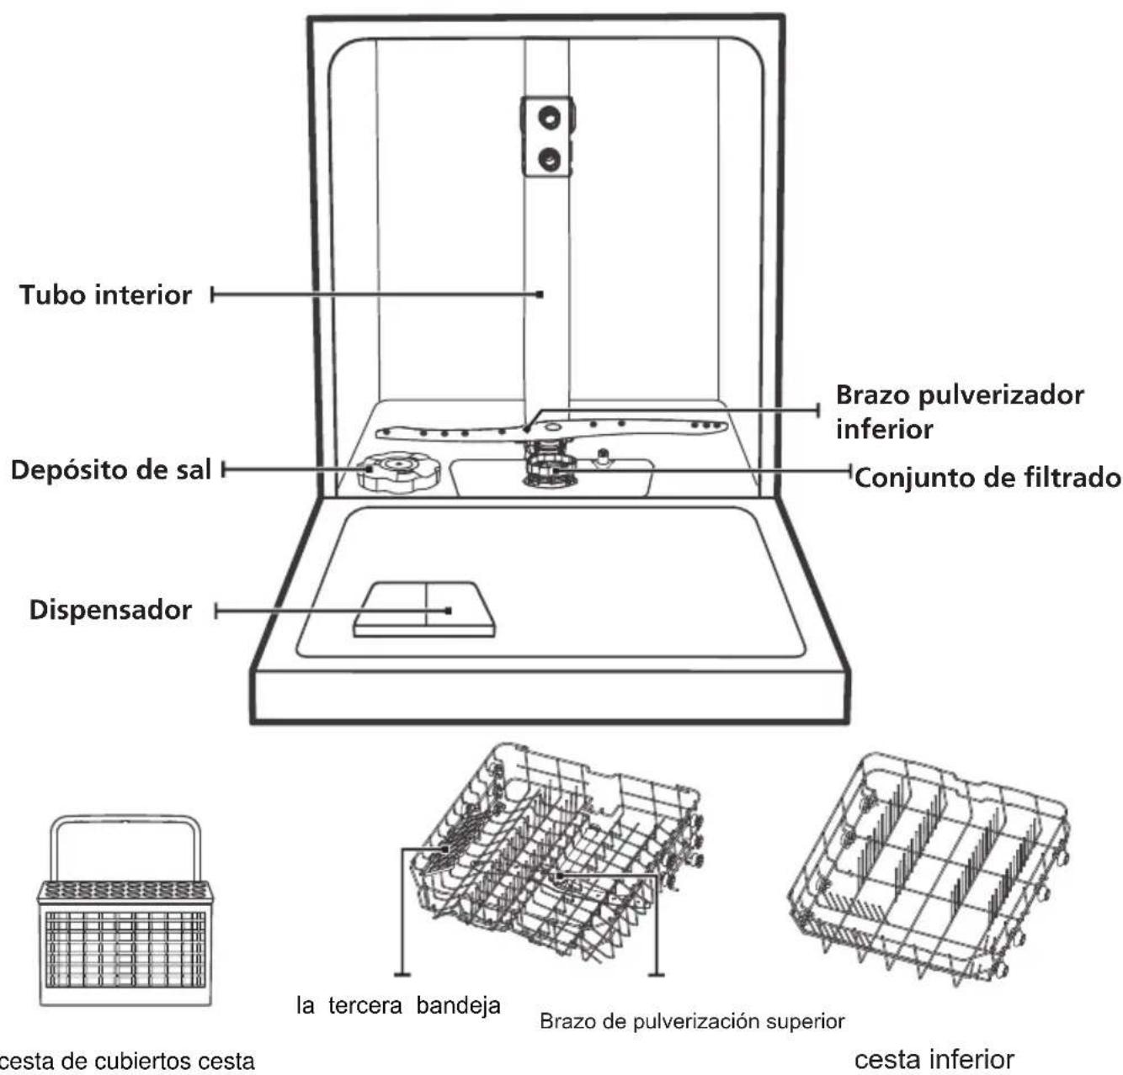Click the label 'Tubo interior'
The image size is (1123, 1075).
[105, 294]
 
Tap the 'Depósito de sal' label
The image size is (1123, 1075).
[111, 470]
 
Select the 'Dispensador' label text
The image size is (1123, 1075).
[110, 610]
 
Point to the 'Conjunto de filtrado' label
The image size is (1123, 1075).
[987, 478]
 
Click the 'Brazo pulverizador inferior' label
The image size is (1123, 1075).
[960, 412]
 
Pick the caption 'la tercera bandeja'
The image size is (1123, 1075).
[398, 1005]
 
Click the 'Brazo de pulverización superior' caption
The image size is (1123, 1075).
[692, 1021]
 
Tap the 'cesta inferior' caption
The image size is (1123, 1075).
[934, 1059]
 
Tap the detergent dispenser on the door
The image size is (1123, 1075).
[424, 609]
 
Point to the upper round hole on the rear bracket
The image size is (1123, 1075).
[550, 118]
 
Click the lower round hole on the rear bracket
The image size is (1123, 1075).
[550, 159]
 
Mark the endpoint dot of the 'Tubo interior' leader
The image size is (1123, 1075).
[540, 294]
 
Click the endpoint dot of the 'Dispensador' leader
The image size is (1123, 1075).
[449, 610]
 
